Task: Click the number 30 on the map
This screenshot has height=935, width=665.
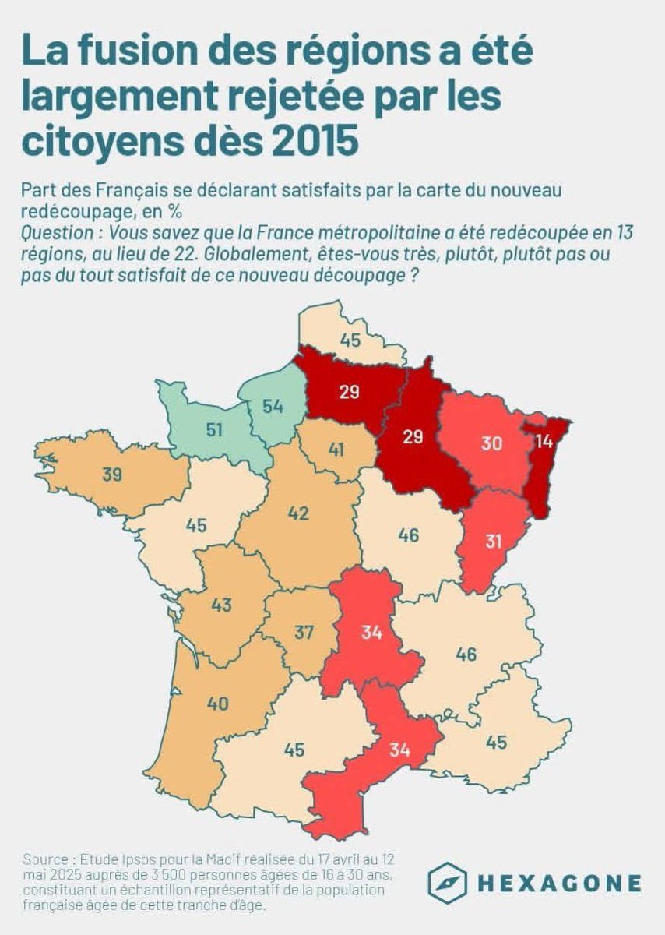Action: [491, 443]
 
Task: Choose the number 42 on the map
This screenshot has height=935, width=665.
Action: [298, 513]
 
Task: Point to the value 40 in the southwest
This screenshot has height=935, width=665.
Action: [217, 704]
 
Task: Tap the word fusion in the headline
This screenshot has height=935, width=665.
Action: [122, 51]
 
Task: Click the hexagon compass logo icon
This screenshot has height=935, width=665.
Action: [447, 883]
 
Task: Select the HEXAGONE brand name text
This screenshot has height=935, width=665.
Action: [559, 884]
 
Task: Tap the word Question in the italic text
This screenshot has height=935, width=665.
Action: [53, 232]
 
